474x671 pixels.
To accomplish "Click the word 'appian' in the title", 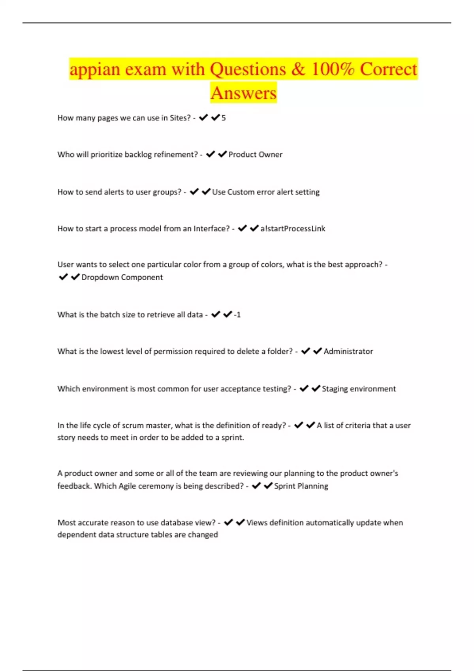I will (95, 70).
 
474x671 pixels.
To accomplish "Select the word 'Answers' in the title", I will (243, 94).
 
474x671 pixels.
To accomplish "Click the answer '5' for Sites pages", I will (224, 118).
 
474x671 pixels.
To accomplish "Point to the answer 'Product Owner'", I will (255, 155).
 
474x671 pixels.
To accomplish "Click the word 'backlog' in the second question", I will (138, 155).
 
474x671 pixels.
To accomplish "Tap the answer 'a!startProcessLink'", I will (293, 229).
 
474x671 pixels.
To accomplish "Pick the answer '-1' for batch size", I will (237, 315).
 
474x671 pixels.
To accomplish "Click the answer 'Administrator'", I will (348, 352).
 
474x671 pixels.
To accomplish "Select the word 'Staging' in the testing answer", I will (335, 389).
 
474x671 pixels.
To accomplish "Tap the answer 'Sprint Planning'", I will (301, 486).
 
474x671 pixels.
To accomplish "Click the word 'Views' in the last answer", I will (257, 523).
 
